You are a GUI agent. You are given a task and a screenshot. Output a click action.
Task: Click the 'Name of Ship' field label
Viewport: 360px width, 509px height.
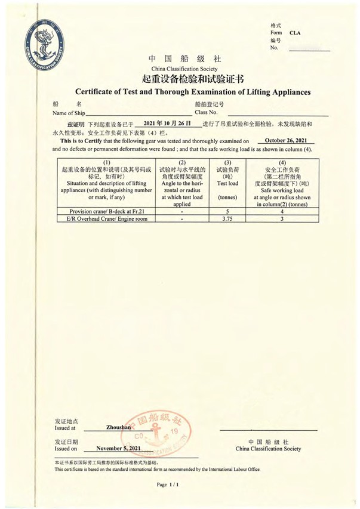coord(69,112)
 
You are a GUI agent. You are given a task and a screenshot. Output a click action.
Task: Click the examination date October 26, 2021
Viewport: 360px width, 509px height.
coord(285,140)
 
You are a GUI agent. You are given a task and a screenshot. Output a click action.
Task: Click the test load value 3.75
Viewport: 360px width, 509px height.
coord(226,219)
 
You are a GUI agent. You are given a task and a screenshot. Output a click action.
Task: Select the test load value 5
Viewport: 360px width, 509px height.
coord(226,211)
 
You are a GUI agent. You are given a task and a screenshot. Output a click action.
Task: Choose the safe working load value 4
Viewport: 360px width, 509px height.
coord(281,211)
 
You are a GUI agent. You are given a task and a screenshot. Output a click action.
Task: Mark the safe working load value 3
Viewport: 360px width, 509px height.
coord(281,219)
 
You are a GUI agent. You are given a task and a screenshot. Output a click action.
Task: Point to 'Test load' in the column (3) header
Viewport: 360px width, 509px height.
coord(227,183)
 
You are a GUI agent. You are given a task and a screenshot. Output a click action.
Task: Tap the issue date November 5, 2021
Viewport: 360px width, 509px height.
coord(118,448)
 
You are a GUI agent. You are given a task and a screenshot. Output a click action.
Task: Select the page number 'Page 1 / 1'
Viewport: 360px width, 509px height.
coord(168,485)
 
